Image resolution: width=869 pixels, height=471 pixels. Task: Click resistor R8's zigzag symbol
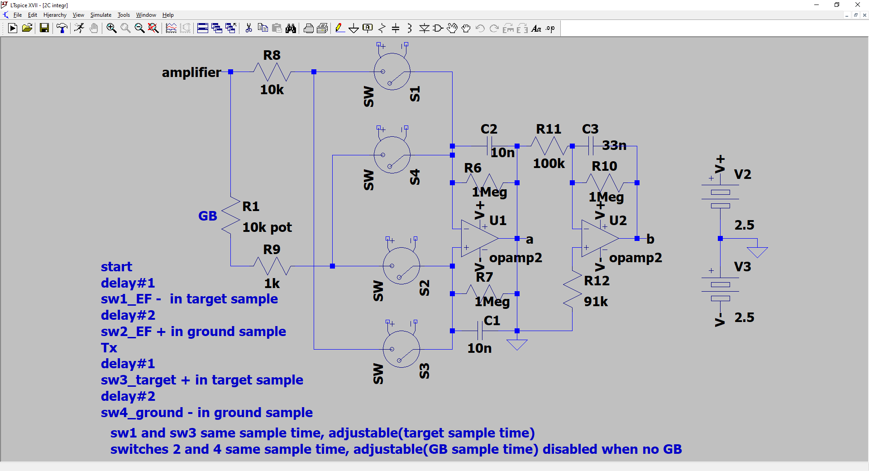[272, 72]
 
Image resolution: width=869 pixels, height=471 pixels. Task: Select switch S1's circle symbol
[392, 72]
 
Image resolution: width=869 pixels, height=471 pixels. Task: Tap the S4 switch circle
[392, 155]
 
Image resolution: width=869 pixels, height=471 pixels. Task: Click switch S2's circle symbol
[401, 266]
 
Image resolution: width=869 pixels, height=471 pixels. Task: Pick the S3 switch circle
[401, 349]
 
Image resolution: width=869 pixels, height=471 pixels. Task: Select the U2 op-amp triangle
[600, 238]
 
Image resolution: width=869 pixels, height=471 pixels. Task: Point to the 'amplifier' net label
[191, 72]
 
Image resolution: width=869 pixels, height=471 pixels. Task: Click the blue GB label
[208, 216]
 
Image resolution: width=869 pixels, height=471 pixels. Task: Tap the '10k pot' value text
[267, 227]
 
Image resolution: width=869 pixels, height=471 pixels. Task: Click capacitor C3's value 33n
[614, 145]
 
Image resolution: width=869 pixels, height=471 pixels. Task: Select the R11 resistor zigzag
[549, 146]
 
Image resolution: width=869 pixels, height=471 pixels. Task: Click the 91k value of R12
[596, 302]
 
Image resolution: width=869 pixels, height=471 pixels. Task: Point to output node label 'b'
[650, 239]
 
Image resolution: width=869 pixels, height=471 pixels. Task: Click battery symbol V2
[720, 198]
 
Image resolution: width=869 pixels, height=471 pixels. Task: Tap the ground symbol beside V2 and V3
[757, 252]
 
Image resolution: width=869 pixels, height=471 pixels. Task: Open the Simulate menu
[100, 15]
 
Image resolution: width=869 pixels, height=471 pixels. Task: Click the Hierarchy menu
[55, 15]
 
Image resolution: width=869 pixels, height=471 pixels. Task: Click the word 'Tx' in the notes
[109, 348]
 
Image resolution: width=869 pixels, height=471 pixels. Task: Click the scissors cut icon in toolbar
[248, 28]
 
